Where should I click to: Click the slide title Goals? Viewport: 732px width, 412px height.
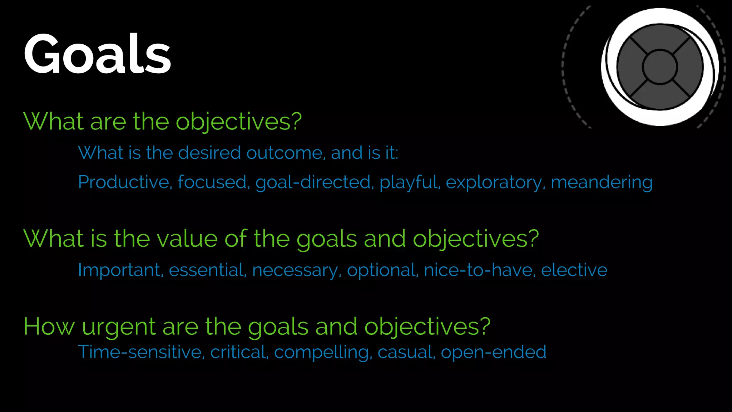97,54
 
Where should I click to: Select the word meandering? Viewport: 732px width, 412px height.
602,182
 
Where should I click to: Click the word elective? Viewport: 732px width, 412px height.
574,270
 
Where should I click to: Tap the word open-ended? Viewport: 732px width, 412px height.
493,353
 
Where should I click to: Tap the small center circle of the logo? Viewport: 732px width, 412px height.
659,67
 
